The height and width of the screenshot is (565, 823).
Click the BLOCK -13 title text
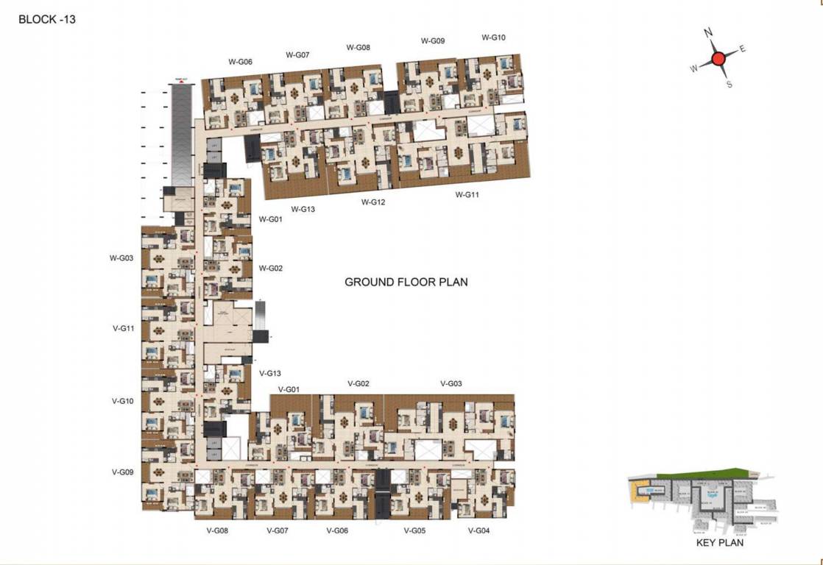pos(47,20)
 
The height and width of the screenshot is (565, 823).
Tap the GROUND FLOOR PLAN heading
pos(406,282)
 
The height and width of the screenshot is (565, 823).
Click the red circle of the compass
pos(718,59)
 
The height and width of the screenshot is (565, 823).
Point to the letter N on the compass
pos(708,33)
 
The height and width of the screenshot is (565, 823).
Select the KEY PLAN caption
pos(719,543)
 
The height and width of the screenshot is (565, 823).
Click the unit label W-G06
pos(240,62)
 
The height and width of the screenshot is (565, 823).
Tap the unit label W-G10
pos(493,38)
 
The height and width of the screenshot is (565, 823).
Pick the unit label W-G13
pos(303,209)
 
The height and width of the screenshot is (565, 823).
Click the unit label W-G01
pos(270,219)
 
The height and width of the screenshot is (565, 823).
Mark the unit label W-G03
pos(121,258)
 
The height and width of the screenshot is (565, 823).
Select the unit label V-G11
pos(122,329)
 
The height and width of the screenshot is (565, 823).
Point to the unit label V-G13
pos(270,374)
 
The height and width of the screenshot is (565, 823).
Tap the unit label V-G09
pos(122,472)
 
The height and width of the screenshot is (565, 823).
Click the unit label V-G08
pos(218,530)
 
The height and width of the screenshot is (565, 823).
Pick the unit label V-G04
pos(478,530)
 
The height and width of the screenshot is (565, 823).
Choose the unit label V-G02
pos(358,384)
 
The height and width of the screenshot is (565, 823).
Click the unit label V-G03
pos(451,384)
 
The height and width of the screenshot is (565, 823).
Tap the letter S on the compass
pos(729,85)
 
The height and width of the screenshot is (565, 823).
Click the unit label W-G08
pos(358,47)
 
